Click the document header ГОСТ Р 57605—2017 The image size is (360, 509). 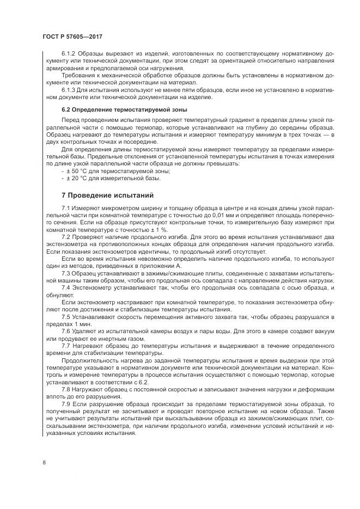coord(72,36)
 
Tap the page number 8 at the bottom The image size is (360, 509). coord(44,463)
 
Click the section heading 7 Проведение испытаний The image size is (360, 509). coord(108,195)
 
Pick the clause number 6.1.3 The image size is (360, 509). coord(70,89)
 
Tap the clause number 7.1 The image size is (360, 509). coord(66,208)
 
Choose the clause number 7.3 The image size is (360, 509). coord(66,272)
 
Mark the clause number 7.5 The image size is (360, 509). coord(66,316)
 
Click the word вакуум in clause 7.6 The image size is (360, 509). coord(313,330)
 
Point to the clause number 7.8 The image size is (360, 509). coord(66,389)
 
